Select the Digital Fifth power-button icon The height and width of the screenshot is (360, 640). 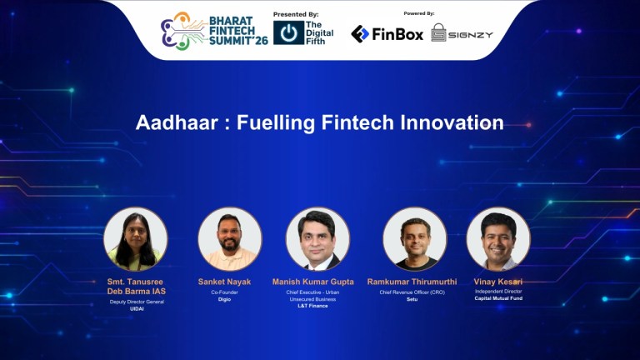(288, 32)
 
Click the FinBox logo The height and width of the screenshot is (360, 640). (387, 33)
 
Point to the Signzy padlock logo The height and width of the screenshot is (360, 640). (438, 33)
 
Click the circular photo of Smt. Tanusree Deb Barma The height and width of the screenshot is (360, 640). (136, 239)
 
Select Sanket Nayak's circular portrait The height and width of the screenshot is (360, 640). (230, 239)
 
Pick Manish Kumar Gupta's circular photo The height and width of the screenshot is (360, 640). (318, 239)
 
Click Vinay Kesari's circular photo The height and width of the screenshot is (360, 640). (498, 239)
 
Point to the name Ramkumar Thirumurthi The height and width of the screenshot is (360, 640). (412, 282)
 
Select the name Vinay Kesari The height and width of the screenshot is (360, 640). (498, 282)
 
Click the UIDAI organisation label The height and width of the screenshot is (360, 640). (137, 308)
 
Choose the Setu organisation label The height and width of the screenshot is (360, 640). (412, 298)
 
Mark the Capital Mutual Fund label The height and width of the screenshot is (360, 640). (498, 298)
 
